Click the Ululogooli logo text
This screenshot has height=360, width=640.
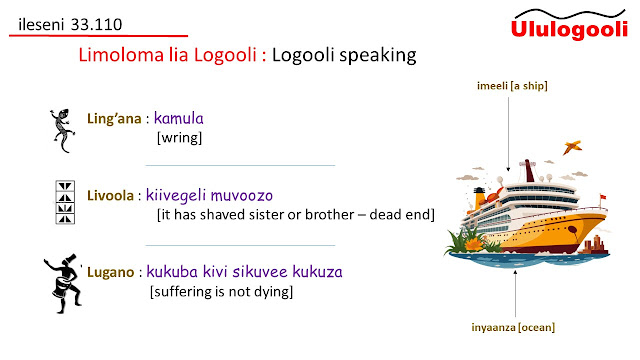[569, 29]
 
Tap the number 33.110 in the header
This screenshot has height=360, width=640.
[96, 24]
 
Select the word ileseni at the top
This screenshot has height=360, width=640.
[41, 24]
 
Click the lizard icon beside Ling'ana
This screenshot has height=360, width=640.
[62, 131]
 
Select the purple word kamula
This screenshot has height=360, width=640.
[178, 118]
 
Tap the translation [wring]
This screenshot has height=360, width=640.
[180, 138]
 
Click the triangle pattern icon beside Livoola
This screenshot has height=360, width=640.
[65, 202]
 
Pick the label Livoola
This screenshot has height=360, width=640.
[110, 196]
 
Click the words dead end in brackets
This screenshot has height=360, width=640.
[402, 215]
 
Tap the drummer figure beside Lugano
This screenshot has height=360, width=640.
[63, 284]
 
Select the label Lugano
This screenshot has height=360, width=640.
[111, 272]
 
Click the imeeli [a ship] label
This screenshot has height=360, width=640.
[512, 86]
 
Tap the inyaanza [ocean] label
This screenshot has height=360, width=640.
[513, 327]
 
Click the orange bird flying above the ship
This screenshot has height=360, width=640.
[572, 147]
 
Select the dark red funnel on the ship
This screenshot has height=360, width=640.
[529, 171]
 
